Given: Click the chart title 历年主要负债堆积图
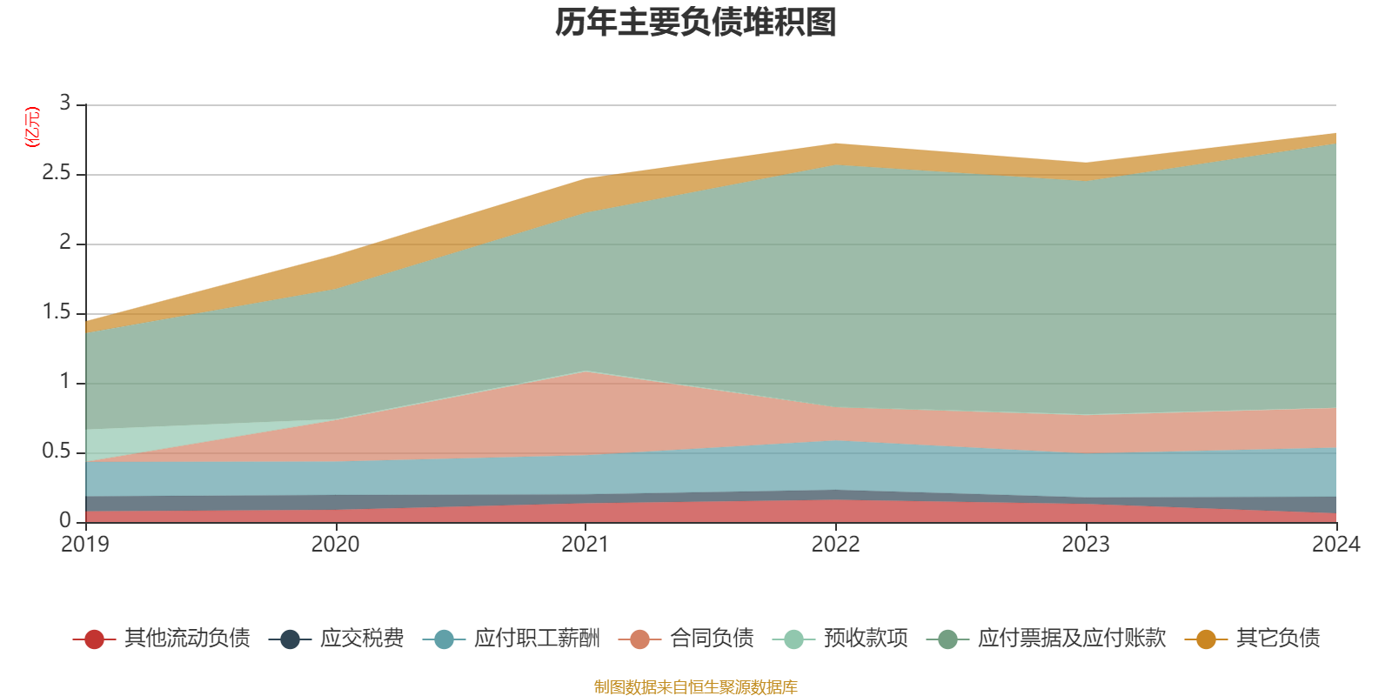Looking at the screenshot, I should (x=696, y=23).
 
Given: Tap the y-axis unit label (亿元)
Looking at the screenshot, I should (x=32, y=127).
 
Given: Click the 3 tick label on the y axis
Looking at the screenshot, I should (x=64, y=104).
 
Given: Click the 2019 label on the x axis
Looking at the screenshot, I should (x=85, y=545).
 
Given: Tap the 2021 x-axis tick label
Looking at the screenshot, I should (x=586, y=545).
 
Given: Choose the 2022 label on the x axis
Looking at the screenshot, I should (x=835, y=545).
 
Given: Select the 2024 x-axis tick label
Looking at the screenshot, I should (x=1335, y=545).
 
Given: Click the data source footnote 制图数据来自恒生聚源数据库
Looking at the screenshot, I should (x=696, y=687).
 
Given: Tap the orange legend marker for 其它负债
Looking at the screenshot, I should (x=1206, y=639).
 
